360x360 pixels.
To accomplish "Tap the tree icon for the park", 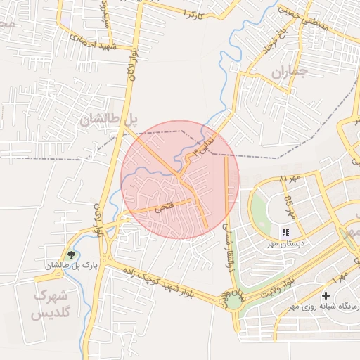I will click(x=70, y=254).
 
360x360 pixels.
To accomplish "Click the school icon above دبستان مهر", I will click(x=285, y=232).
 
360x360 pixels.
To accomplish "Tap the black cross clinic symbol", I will click(x=326, y=296).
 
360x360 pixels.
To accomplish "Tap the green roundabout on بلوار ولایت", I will click(x=233, y=302).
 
